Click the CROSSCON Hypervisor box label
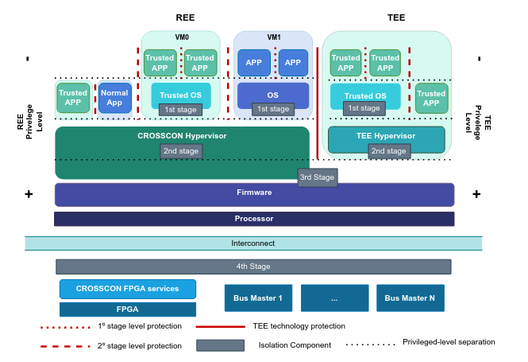tap(182, 136)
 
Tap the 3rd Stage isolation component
tap(318, 177)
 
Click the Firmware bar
tap(254, 193)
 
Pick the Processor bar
tap(254, 219)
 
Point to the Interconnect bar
tap(253, 243)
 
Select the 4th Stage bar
tap(253, 267)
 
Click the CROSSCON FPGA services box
tap(127, 289)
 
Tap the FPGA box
tap(127, 309)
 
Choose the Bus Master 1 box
tap(258, 298)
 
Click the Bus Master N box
tap(410, 298)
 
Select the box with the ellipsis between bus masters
tap(334, 298)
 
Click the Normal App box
tap(115, 98)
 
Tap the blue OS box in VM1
tap(273, 95)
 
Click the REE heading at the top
tap(185, 17)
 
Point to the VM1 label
tap(274, 37)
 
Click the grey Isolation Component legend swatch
tap(220, 345)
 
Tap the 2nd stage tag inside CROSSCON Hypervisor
tap(182, 150)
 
